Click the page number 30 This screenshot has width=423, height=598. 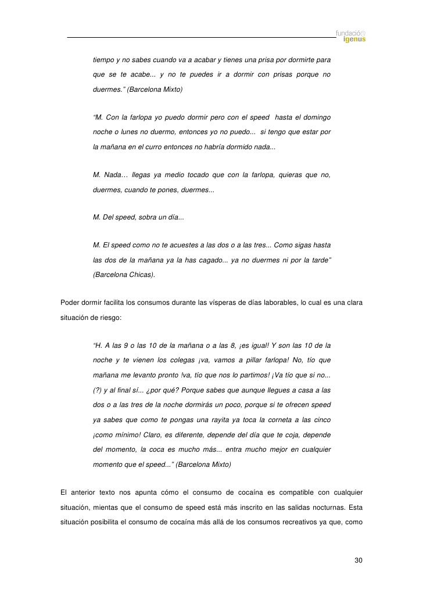tap(359, 560)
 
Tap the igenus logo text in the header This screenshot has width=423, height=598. tap(354, 40)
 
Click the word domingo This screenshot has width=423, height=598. tap(317, 119)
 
